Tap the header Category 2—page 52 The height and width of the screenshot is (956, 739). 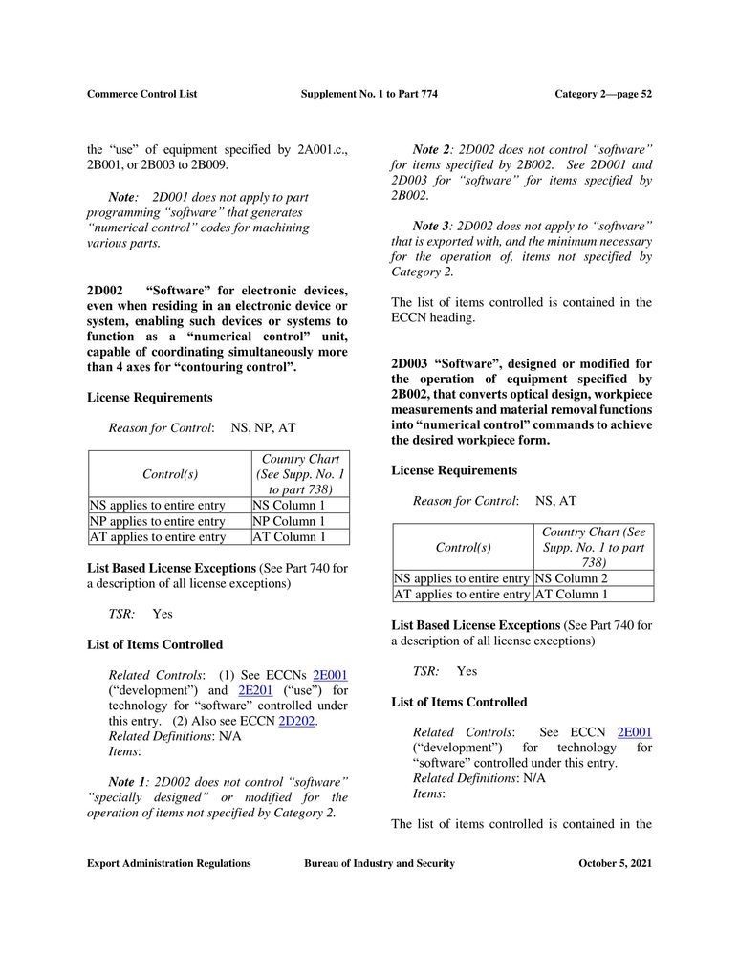pyautogui.click(x=602, y=94)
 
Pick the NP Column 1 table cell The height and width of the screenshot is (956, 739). pyautogui.click(x=289, y=522)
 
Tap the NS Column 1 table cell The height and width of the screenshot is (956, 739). pyautogui.click(x=289, y=506)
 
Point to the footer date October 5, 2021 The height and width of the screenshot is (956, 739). pyautogui.click(x=615, y=863)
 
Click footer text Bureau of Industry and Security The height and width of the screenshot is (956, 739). pyautogui.click(x=380, y=863)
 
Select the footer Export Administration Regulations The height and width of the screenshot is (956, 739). pyautogui.click(x=169, y=863)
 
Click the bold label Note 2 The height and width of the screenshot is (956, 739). pyautogui.click(x=430, y=149)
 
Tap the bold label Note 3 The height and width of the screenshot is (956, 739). pyautogui.click(x=430, y=226)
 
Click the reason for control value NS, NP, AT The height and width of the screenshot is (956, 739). pyautogui.click(x=263, y=428)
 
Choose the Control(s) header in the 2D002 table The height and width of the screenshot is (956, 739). pyautogui.click(x=169, y=474)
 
